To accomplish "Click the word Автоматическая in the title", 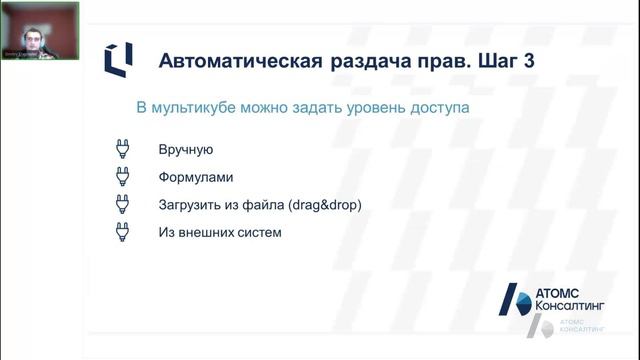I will [x=238, y=61].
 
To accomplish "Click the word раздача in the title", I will [x=362, y=61].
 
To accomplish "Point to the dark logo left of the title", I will [x=117, y=60].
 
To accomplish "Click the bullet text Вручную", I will [x=186, y=150].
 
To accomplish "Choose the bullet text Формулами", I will [x=195, y=178].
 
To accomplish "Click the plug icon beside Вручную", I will [x=122, y=150].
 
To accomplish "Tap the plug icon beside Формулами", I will [x=122, y=178].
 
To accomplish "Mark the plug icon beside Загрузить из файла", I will [x=122, y=205].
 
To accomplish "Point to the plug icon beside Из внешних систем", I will [x=122, y=233].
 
